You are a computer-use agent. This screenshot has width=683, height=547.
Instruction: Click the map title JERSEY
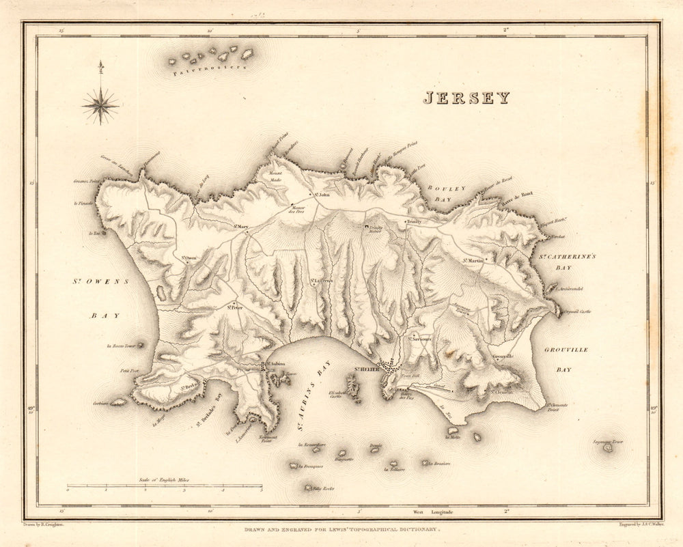[x=466, y=98]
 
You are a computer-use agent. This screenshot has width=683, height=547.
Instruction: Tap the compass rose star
[x=100, y=105]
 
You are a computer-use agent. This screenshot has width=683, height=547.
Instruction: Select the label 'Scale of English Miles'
[x=165, y=481]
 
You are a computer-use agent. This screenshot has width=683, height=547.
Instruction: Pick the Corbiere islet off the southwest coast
[x=118, y=403]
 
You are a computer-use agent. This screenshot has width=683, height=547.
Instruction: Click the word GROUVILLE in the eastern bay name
[x=566, y=350]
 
